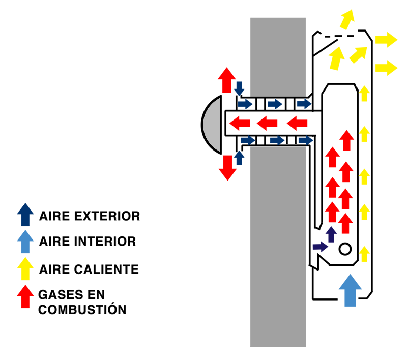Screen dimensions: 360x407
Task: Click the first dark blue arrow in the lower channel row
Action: point(246,139)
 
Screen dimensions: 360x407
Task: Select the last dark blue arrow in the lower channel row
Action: point(304,139)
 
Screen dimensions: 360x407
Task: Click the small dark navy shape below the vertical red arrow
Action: point(328,239)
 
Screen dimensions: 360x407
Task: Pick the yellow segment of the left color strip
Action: point(25,269)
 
